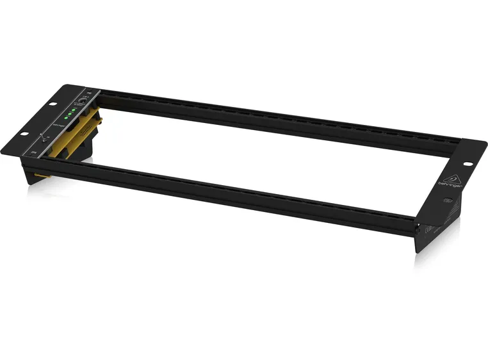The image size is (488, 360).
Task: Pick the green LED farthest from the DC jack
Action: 65,119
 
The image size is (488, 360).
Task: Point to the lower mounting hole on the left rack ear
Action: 24,134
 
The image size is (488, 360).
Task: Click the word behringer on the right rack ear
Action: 446,187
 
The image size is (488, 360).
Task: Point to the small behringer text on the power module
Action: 59,126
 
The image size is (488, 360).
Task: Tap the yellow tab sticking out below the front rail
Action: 41,175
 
